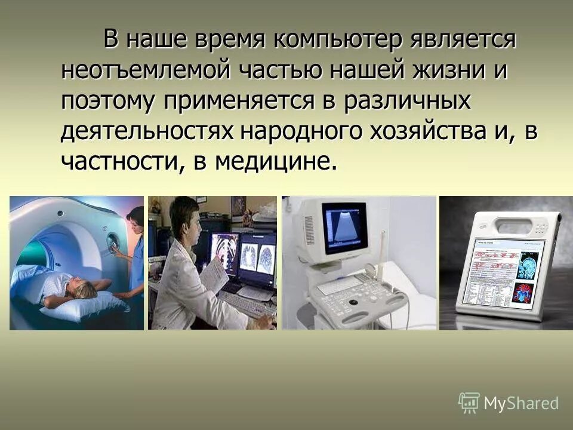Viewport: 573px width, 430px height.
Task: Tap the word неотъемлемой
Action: tap(144, 71)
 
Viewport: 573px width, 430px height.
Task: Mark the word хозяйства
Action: tap(429, 131)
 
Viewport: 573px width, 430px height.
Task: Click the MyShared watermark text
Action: tap(521, 403)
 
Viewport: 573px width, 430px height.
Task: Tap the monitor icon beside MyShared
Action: tap(469, 403)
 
